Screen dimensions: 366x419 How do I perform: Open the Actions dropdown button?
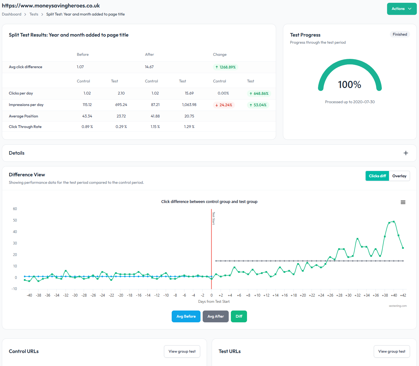point(401,9)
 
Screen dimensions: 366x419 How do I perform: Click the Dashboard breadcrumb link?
point(12,14)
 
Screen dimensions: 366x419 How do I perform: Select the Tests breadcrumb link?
point(34,14)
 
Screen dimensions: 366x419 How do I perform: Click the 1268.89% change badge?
point(225,67)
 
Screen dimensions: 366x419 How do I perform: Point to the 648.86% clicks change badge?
point(259,94)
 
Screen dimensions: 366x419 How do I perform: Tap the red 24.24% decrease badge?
point(223,105)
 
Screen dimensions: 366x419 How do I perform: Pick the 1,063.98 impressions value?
point(189,105)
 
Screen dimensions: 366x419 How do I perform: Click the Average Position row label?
point(24,116)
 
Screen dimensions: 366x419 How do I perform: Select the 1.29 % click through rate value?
point(189,127)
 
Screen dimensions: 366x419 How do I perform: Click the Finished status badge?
point(399,34)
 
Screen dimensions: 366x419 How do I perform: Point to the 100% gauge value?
point(349,85)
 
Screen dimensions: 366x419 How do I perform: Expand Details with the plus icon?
point(406,153)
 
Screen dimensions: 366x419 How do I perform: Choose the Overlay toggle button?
point(399,176)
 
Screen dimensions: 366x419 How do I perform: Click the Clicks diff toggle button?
point(377,176)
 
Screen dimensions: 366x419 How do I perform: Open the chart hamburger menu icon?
point(403,202)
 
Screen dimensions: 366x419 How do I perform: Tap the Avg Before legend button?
point(186,316)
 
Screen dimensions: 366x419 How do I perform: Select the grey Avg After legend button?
point(215,316)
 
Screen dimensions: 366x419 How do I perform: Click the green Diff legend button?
point(239,316)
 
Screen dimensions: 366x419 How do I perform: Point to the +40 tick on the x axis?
point(394,295)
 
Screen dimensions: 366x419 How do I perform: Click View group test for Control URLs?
point(182,351)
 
